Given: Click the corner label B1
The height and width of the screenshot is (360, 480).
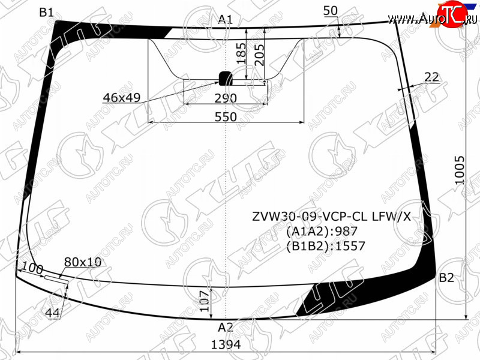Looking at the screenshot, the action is point(47,12).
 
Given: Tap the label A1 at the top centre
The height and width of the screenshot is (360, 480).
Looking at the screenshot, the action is point(226,20).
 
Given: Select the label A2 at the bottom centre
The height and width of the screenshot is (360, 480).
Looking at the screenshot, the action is point(226,328).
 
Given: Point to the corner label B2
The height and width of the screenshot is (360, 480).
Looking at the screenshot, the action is point(446,278).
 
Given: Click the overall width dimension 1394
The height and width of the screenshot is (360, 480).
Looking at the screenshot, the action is point(226,344).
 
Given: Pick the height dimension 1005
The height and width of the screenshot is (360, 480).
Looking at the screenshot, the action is point(460,170).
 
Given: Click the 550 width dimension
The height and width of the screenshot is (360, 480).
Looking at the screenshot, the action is point(226,116).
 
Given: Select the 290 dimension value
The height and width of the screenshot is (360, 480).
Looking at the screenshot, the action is point(226,98).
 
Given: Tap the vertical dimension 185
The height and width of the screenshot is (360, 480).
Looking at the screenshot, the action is point(241,53).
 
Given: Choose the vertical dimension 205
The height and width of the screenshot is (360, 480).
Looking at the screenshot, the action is point(259,55).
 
